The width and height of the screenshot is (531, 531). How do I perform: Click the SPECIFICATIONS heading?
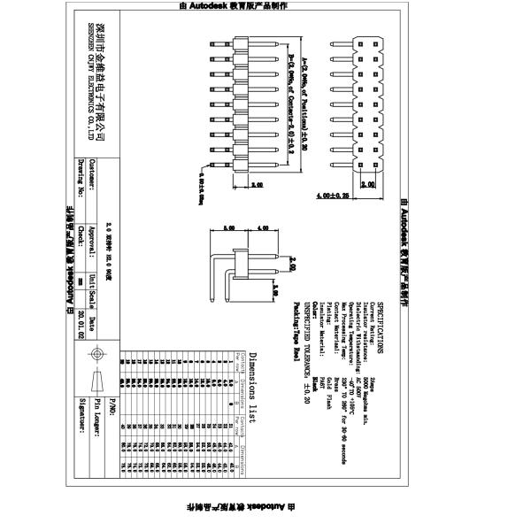[381, 327]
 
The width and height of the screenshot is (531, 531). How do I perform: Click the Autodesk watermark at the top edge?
[265, 5]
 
